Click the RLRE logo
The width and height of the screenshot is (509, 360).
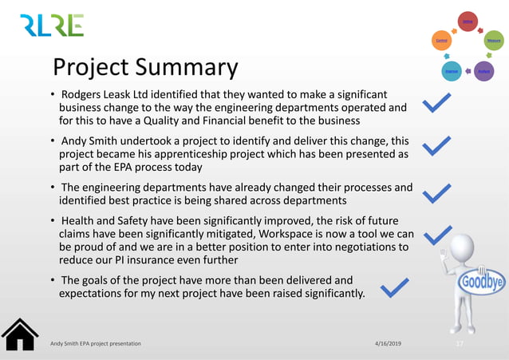tap(52, 26)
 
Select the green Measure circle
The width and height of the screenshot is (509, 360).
tap(493, 39)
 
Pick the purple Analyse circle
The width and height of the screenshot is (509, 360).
tap(483, 71)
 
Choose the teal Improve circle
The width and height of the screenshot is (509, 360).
tap(452, 71)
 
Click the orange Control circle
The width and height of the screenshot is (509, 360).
tap(441, 39)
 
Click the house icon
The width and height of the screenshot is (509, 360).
tap(20, 334)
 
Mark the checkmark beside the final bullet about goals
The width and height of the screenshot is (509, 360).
tap(396, 289)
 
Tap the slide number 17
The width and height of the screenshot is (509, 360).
tap(460, 343)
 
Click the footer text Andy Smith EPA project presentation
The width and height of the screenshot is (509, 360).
tap(95, 342)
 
